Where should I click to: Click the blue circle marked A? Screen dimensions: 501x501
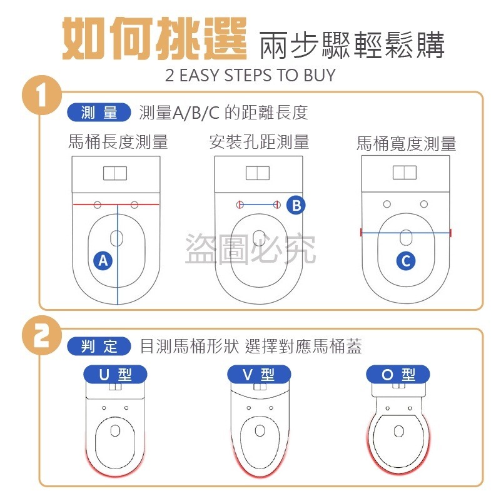[104, 260]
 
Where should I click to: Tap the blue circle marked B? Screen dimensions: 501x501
[296, 205]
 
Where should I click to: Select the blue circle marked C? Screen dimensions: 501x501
[406, 261]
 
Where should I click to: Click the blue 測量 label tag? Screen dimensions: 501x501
[99, 113]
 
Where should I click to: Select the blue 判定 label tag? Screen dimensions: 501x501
[99, 346]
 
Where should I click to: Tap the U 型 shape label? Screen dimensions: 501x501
[115, 375]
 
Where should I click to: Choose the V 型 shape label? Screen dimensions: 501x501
[259, 375]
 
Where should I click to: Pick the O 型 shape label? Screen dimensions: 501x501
[398, 375]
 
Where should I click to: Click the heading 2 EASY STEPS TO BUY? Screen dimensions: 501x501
[250, 76]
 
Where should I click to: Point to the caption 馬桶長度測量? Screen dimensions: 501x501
[118, 142]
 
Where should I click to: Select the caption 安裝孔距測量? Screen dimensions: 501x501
[259, 142]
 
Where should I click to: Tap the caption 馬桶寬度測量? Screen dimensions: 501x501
[406, 144]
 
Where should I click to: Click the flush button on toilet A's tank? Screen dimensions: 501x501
[115, 173]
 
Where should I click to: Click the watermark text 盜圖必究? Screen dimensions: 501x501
[250, 248]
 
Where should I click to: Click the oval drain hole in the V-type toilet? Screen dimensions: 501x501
[259, 431]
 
